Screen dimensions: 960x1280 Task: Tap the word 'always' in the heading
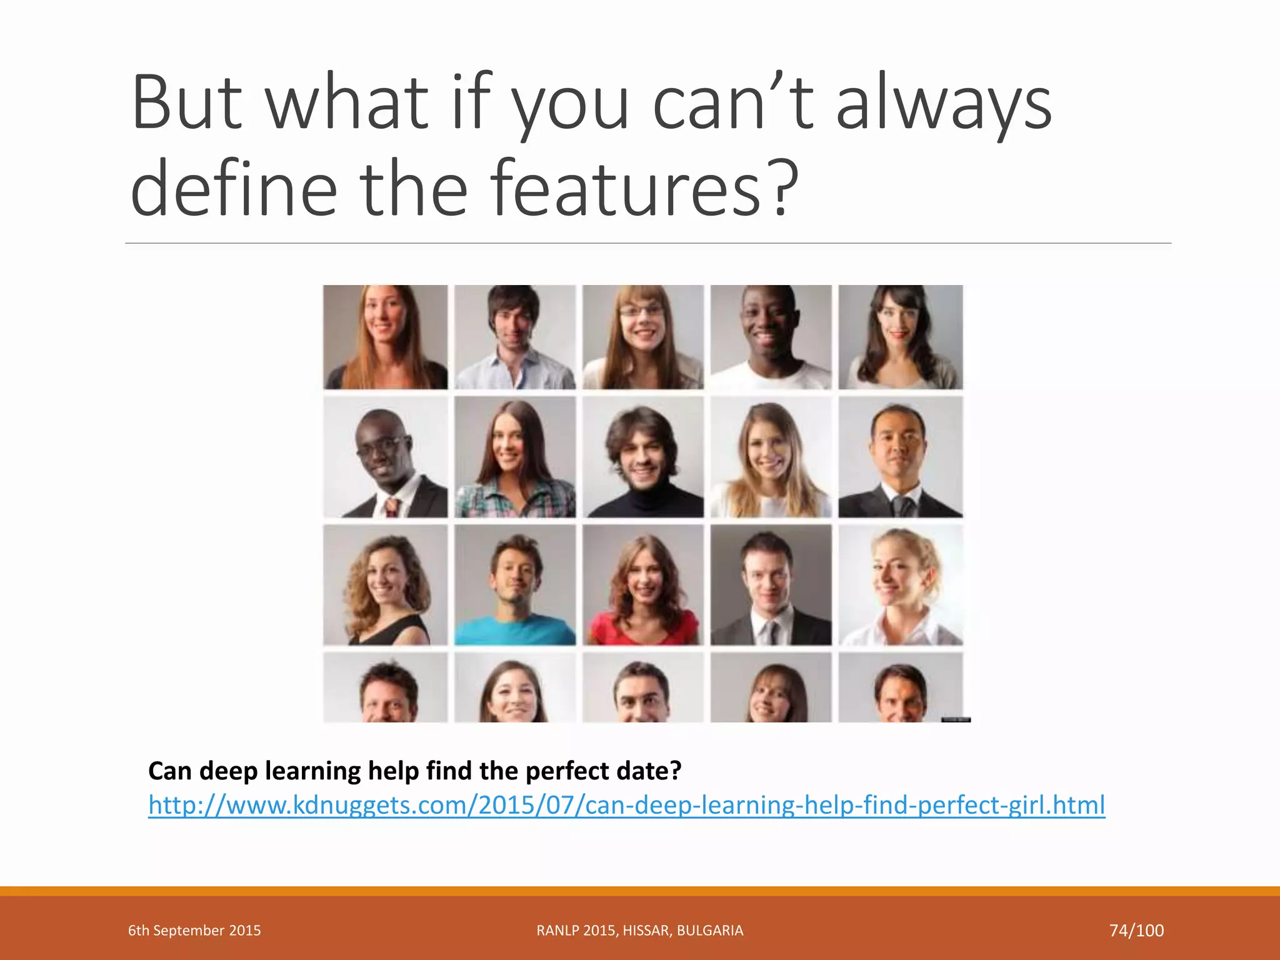tap(944, 103)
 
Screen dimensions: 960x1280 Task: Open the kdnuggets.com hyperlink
tap(626, 805)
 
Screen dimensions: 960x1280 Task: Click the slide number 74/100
tap(1136, 931)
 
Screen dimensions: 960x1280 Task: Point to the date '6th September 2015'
tap(194, 931)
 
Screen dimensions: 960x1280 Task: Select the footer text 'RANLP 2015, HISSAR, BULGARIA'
tap(640, 931)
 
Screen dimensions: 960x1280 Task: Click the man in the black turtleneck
tap(642, 457)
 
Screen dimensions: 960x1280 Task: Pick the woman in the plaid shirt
tap(514, 457)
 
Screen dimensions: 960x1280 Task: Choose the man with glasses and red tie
tap(385, 457)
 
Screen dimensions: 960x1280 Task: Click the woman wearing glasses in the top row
tap(642, 337)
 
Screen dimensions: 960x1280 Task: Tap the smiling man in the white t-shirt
tap(771, 337)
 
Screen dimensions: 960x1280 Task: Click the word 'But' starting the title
tap(187, 103)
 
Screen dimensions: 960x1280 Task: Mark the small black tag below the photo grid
tap(956, 720)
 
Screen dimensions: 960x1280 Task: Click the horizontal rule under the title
tap(647, 243)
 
